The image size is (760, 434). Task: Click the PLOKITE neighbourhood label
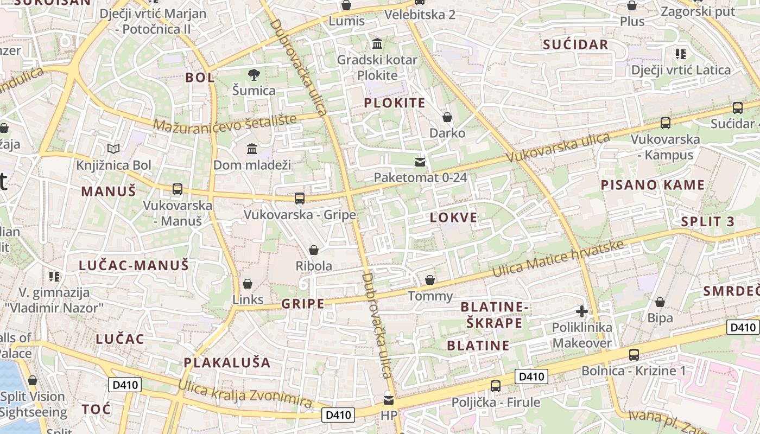394,103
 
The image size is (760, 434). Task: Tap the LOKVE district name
453,218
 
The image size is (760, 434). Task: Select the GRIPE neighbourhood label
302,304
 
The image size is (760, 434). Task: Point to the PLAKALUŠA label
227,362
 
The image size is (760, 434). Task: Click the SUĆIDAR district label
575,45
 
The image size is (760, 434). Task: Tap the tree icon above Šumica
254,75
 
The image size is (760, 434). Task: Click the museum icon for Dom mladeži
252,149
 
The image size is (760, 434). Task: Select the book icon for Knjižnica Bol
113,149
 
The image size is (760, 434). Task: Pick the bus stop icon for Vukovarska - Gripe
300,199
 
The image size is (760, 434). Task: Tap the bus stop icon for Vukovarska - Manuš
178,189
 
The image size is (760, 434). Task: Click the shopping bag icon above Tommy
430,280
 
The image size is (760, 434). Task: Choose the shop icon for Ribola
313,250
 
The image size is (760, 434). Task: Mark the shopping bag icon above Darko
447,117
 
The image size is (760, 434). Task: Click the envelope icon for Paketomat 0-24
420,162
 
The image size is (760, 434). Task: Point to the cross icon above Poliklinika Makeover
582,311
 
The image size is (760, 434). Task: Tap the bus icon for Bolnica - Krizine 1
634,355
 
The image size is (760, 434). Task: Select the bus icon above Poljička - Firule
496,386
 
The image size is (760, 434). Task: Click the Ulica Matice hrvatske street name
558,259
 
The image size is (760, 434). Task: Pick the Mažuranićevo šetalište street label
225,123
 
